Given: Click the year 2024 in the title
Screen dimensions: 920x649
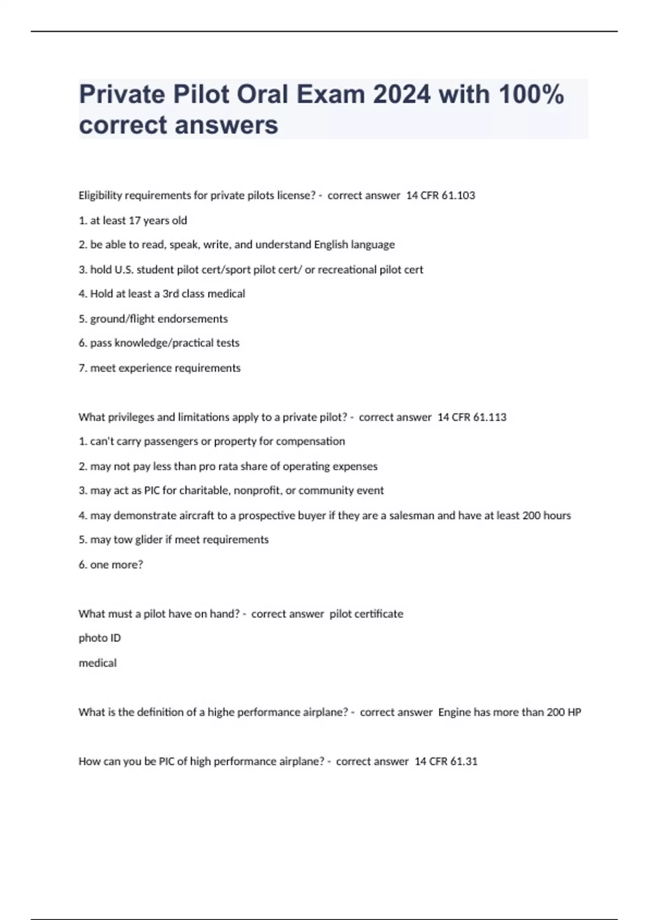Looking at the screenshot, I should pyautogui.click(x=402, y=95).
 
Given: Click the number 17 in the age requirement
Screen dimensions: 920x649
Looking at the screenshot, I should pyautogui.click(x=135, y=220).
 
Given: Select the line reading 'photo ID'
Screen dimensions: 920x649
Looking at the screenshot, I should pyautogui.click(x=100, y=638).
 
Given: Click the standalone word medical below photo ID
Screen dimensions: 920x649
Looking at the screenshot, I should pyautogui.click(x=97, y=663).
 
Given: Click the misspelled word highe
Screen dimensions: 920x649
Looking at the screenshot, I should pyautogui.click(x=221, y=712).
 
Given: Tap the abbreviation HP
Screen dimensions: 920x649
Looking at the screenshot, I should pyautogui.click(x=574, y=712).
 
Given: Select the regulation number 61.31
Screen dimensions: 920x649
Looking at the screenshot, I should pyautogui.click(x=463, y=761).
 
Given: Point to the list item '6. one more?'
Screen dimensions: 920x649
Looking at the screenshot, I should pyautogui.click(x=111, y=564).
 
